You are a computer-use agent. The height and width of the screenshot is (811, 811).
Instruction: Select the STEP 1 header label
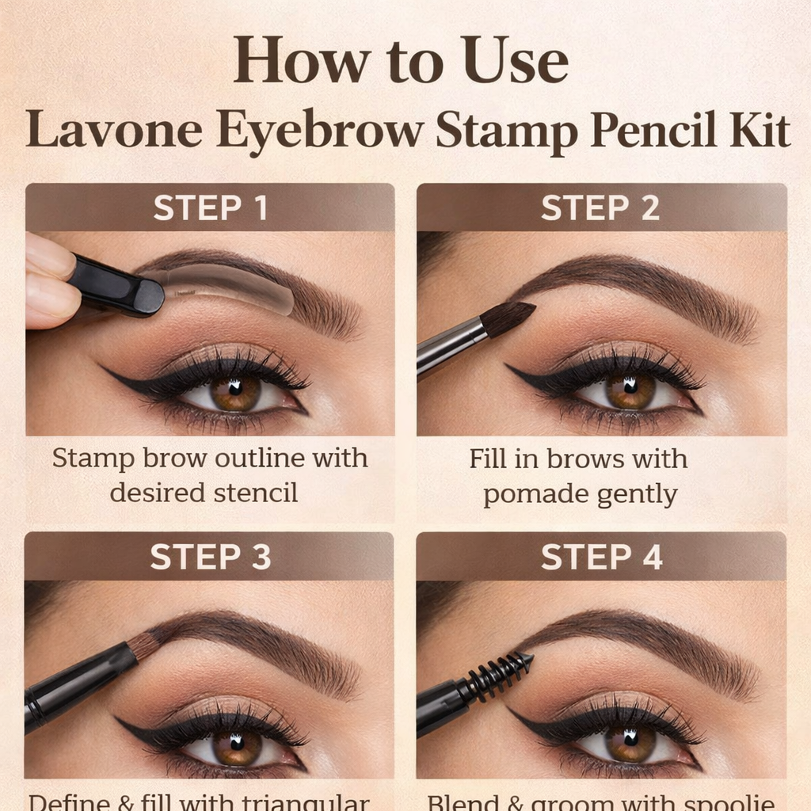coord(211,208)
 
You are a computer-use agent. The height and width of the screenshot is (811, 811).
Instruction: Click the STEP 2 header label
coord(601,208)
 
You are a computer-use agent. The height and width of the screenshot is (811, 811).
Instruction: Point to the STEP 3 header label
coord(211,557)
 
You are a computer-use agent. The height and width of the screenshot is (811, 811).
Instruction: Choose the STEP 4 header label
coord(601,557)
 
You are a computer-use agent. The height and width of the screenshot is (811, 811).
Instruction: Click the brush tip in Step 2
coord(508,317)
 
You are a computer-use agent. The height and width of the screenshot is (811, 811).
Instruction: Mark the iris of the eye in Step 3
coord(236,745)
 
